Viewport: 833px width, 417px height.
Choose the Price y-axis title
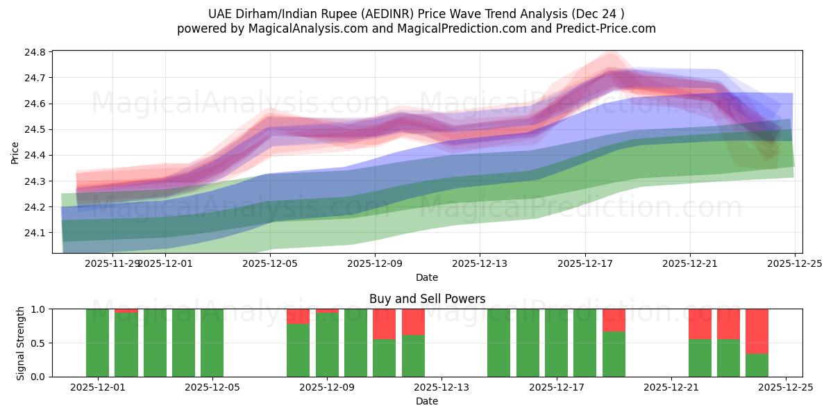(15, 152)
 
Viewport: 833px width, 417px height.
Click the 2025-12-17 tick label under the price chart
(584, 263)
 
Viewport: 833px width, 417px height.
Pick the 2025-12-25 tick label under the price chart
(794, 263)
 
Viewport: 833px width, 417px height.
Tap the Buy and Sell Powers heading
(427, 299)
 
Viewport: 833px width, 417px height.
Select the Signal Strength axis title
(21, 343)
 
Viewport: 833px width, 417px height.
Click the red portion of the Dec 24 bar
(757, 331)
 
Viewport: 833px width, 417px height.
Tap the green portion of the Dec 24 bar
(757, 365)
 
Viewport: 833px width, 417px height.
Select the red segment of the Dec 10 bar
(384, 323)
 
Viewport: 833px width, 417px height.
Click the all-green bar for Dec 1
(97, 343)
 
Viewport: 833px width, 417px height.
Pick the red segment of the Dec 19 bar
(614, 320)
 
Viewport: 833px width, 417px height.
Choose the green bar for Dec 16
(528, 343)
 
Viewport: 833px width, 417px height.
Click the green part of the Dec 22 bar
(700, 358)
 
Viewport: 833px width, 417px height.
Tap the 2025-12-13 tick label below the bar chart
(441, 387)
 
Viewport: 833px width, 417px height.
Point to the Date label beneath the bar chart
(427, 401)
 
